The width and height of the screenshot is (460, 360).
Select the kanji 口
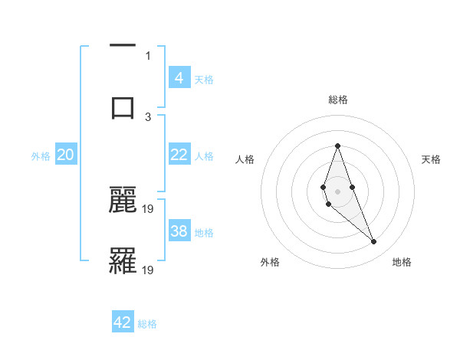click(x=123, y=107)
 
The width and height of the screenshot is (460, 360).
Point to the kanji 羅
click(x=123, y=260)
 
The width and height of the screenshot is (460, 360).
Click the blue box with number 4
click(x=179, y=77)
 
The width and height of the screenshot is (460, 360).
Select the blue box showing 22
click(x=179, y=155)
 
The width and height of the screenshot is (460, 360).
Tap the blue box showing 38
click(x=179, y=231)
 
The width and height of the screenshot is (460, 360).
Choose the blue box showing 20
click(x=66, y=155)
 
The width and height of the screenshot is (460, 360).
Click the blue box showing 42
click(x=123, y=322)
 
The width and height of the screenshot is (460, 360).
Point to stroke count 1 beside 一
click(x=148, y=55)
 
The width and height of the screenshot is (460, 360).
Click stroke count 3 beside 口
click(x=148, y=116)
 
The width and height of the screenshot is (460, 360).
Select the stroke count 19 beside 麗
click(x=149, y=208)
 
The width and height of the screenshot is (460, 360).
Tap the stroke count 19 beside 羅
click(x=149, y=270)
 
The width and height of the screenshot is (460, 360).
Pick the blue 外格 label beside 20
click(x=41, y=156)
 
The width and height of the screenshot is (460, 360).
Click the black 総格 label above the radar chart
click(x=337, y=100)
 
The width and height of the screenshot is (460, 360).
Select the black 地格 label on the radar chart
click(x=402, y=263)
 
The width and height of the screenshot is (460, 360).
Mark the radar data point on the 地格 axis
click(x=374, y=242)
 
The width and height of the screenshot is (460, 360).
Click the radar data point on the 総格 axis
click(x=337, y=146)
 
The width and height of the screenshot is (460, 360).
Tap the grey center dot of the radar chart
click(x=337, y=191)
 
